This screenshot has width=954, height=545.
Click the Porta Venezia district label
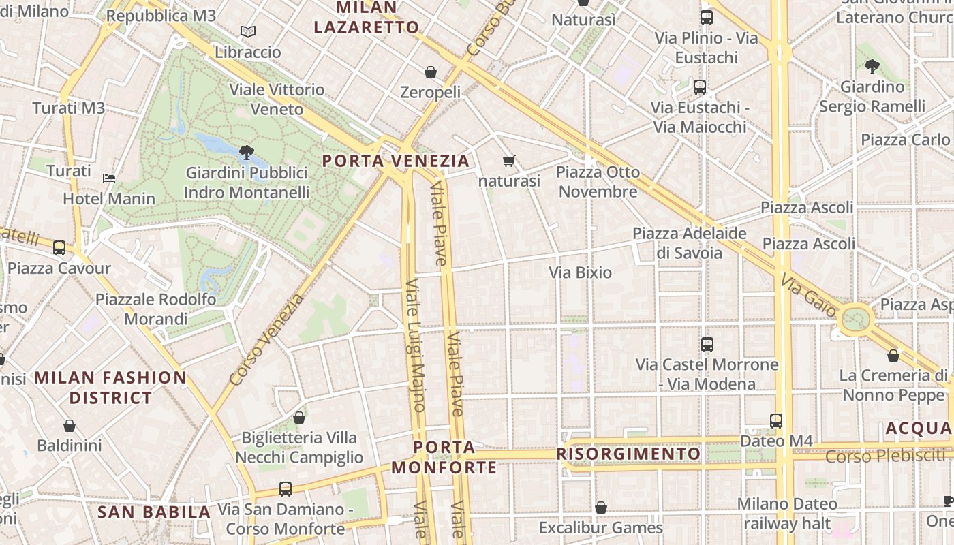point(396,161)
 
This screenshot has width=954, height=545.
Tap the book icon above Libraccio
point(248,32)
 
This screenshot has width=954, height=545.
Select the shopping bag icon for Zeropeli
point(431,72)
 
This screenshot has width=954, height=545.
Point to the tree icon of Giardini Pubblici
point(247,152)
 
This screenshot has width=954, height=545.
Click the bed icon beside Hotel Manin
point(109,178)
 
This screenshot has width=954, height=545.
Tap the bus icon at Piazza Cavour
point(59,248)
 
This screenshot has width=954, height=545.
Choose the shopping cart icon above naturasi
point(509,161)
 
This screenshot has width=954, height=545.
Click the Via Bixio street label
point(581,272)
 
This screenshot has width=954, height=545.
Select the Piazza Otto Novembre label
point(598,182)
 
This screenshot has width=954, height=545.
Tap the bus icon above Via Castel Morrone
point(707,345)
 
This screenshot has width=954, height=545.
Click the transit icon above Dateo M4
point(776,421)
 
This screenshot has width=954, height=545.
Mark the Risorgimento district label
point(628,454)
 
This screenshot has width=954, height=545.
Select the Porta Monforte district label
point(444,458)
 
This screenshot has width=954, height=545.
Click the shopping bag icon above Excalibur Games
point(601,508)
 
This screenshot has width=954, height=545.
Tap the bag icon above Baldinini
point(70,426)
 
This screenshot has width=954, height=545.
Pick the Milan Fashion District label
point(110,388)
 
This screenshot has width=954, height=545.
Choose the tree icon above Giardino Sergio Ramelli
point(872,67)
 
